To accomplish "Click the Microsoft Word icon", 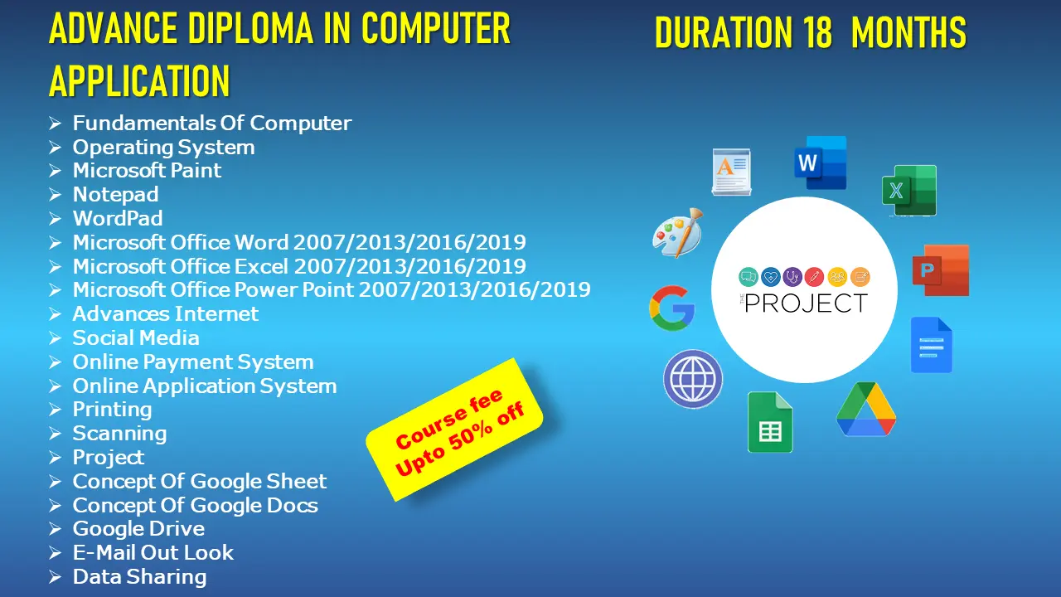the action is click(821, 163).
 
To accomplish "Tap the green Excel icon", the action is click(909, 191).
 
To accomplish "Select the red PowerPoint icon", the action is click(941, 270).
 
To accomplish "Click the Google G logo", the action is click(672, 308).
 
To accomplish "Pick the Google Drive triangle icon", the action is click(866, 410).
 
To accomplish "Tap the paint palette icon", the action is click(678, 233).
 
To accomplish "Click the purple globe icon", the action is click(693, 379).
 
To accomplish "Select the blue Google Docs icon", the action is click(931, 345).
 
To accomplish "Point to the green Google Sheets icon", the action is click(770, 422).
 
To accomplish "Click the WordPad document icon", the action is click(731, 172).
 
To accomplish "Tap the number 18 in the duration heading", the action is click(817, 32).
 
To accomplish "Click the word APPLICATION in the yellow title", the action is click(139, 80).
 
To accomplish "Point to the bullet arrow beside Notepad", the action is click(55, 195).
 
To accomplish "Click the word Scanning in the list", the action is click(119, 434).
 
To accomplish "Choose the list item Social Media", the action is click(136, 337).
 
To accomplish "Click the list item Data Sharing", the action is click(140, 577).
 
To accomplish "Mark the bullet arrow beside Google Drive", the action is click(55, 529).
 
